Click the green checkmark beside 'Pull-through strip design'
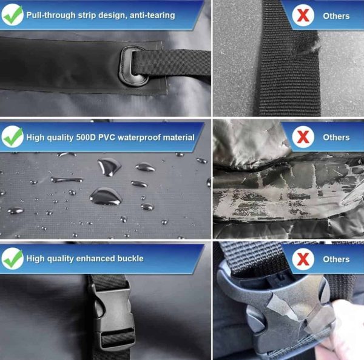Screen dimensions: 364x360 [x=13, y=15]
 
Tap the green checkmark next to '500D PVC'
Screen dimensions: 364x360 [x=13, y=136]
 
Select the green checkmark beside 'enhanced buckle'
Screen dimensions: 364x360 [x=13, y=258]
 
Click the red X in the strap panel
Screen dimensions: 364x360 [x=303, y=16]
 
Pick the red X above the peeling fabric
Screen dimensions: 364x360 [x=303, y=137]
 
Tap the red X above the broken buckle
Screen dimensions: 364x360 [x=303, y=259]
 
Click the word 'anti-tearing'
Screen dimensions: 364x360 [x=152, y=15]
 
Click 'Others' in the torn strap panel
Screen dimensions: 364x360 [x=336, y=16]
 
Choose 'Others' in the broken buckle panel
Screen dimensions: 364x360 [x=336, y=259]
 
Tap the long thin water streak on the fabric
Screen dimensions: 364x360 [x=67, y=179]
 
